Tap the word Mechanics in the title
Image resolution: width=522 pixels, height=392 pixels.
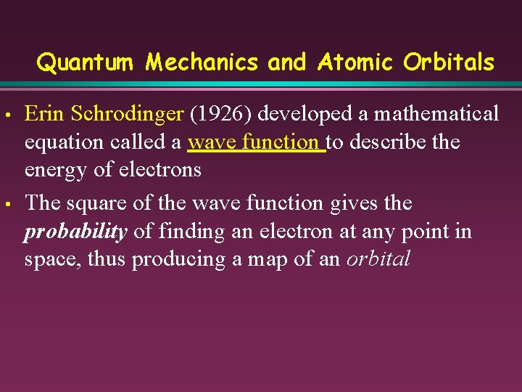(201, 63)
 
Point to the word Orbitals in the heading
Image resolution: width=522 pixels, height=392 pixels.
(449, 63)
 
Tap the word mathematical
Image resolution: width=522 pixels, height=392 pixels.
(436, 114)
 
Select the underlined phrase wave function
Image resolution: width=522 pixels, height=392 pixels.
(254, 142)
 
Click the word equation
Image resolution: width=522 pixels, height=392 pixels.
(67, 142)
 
